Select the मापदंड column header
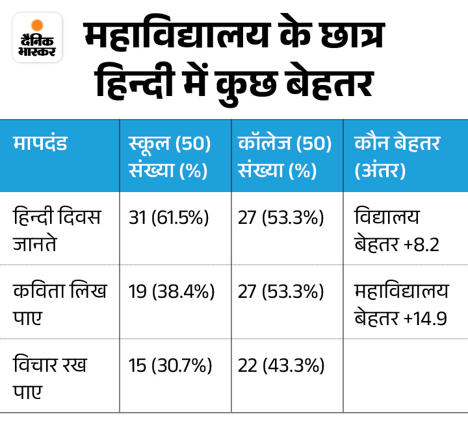(x=40, y=144)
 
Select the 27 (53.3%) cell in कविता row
(x=281, y=292)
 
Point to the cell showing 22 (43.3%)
(x=281, y=366)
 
